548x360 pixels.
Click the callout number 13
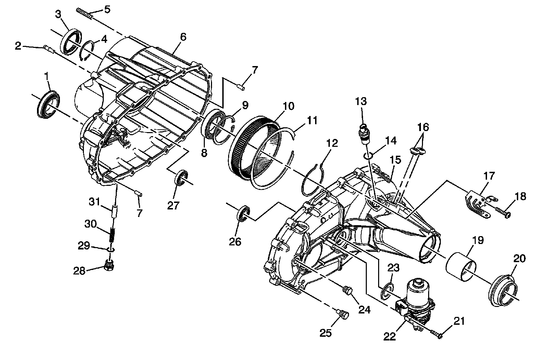[x=361, y=102]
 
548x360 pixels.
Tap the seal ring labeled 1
[x=48, y=103]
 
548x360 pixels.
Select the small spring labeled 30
[x=111, y=235]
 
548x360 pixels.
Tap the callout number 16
[x=423, y=127]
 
